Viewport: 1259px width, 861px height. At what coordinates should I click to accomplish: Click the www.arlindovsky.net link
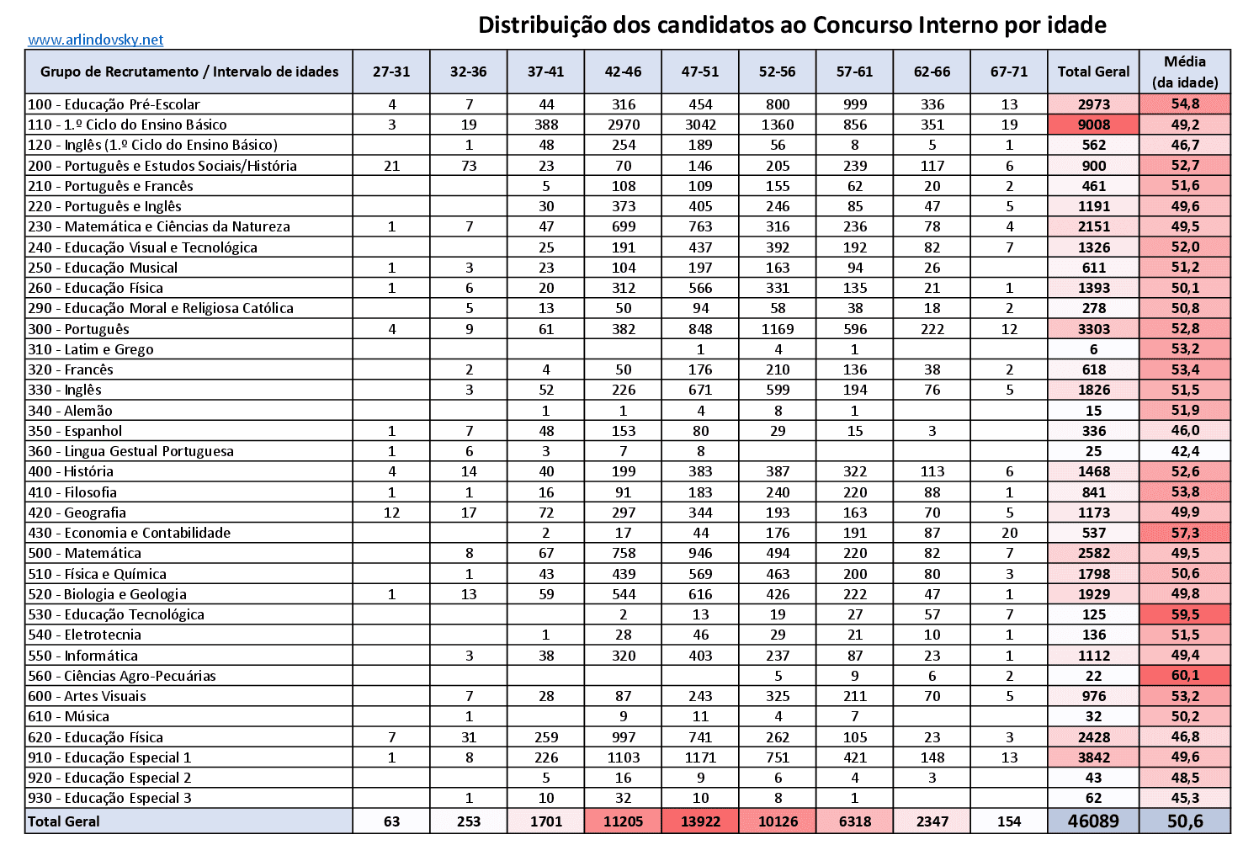[x=95, y=40]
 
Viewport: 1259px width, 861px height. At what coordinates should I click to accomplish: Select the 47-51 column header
[x=700, y=72]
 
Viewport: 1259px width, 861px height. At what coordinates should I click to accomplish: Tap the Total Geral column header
[x=1093, y=72]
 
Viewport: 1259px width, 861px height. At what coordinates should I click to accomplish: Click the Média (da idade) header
[x=1185, y=72]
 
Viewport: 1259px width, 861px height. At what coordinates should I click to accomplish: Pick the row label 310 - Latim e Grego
[x=91, y=349]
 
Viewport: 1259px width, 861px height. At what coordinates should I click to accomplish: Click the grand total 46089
[x=1093, y=821]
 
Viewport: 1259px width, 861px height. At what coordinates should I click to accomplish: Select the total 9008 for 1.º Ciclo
[x=1094, y=125]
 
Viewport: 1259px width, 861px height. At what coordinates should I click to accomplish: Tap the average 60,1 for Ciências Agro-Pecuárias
[x=1185, y=676]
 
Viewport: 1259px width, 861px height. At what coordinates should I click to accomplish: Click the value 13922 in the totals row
[x=700, y=821]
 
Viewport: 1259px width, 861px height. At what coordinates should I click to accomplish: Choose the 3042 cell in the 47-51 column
[x=700, y=125]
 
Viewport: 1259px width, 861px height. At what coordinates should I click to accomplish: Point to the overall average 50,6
[x=1185, y=821]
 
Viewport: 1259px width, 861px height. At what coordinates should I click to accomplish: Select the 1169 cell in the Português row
[x=778, y=329]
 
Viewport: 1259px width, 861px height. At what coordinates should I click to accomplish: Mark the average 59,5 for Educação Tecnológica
[x=1185, y=614]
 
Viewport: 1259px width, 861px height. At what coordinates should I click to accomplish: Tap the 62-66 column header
[x=932, y=72]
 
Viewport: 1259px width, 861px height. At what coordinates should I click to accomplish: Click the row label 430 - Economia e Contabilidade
[x=129, y=533]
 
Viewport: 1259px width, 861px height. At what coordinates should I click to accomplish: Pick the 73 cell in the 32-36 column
[x=469, y=166]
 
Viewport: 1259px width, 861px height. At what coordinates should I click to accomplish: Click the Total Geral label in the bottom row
[x=64, y=821]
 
